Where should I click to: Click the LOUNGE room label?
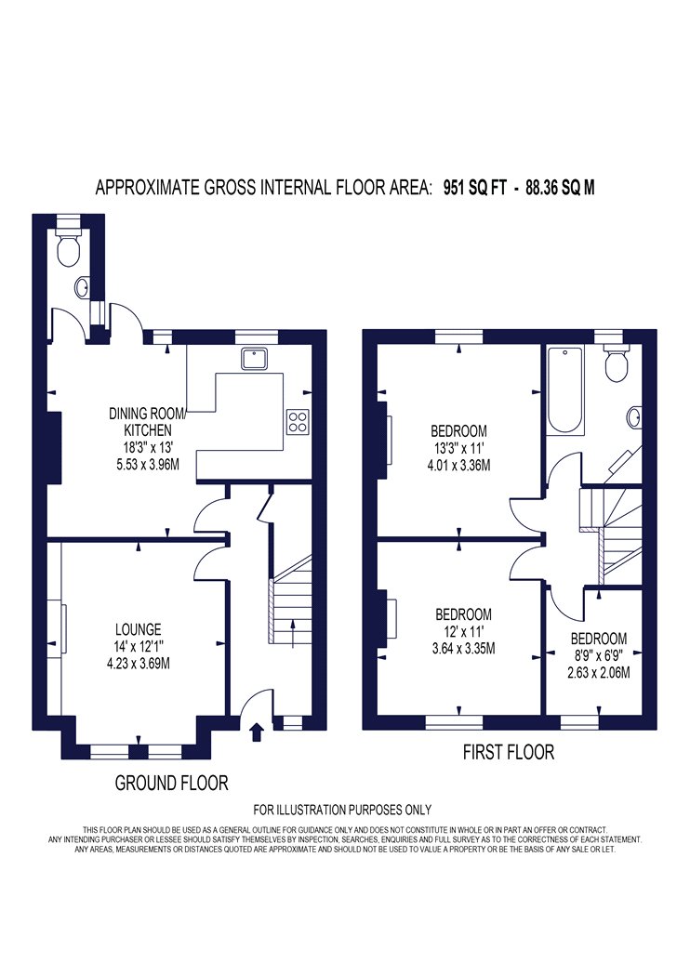(x=139, y=629)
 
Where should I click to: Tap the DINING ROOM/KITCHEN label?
(x=148, y=421)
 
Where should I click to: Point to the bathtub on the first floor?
(x=565, y=391)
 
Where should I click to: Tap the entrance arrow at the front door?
(x=256, y=732)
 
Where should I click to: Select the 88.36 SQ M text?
(x=560, y=188)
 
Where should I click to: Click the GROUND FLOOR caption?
(x=171, y=783)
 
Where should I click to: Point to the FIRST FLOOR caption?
(x=508, y=752)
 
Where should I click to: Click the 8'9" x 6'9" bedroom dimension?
(x=599, y=655)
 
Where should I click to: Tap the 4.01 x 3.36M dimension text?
(x=459, y=465)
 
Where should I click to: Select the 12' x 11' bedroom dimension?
(x=463, y=632)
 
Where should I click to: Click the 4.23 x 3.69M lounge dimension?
(x=139, y=664)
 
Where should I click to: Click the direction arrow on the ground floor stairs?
(x=293, y=634)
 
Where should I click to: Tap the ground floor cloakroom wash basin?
(x=82, y=287)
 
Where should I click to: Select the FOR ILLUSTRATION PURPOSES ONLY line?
(x=342, y=810)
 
